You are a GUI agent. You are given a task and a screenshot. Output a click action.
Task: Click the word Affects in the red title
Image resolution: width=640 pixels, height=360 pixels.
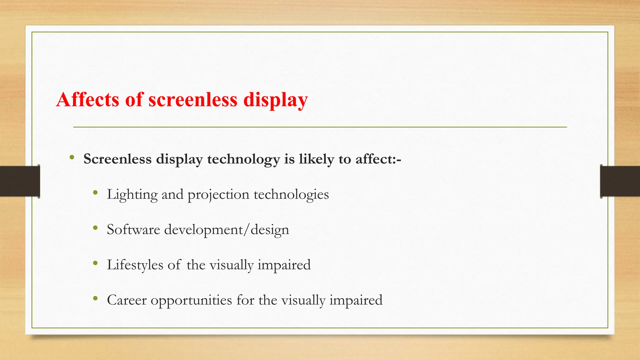[88, 100]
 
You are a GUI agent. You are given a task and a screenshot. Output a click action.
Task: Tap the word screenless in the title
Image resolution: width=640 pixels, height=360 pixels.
[193, 100]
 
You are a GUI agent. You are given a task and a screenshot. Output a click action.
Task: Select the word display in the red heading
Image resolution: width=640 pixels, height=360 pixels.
[275, 100]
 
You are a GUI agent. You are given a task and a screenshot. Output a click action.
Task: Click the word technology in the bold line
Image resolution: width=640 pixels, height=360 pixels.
[243, 159]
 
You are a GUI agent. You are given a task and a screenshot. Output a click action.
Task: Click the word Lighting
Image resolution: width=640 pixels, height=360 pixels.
[132, 195]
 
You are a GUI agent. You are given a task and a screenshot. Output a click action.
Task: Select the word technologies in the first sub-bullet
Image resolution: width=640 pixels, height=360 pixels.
[291, 195]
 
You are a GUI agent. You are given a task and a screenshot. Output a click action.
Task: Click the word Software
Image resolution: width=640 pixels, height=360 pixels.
[133, 230]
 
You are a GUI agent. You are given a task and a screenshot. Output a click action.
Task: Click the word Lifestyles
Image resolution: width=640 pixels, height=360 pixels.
[135, 265]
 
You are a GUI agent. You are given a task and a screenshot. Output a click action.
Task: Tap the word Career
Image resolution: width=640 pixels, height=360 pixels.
[127, 300]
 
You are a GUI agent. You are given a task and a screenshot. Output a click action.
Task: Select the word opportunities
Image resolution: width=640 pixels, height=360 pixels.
[192, 301]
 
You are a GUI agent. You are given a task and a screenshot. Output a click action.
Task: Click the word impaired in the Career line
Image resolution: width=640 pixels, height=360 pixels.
[356, 301]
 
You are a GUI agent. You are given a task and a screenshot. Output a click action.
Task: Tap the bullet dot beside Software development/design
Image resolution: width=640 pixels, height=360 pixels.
[95, 228]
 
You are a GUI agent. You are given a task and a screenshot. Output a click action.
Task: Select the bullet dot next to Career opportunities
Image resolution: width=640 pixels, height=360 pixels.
[95, 299]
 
